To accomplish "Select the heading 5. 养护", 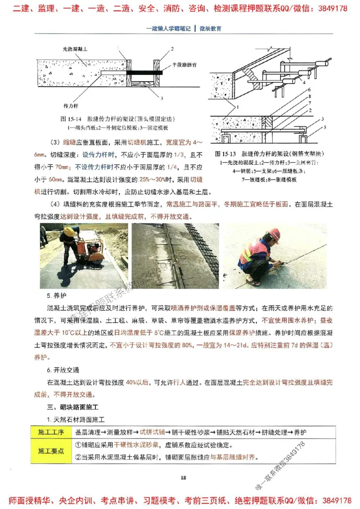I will point(56,296).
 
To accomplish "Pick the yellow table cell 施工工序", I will point(51,432).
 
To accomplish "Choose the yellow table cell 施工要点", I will point(51,451).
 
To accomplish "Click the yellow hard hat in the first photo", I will point(69,231).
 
